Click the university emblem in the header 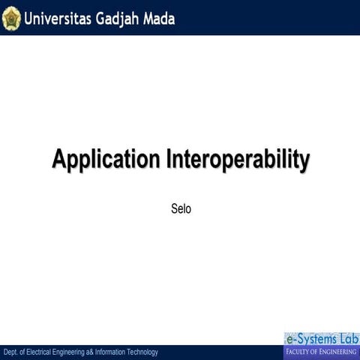pos(11,17)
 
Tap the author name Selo pos(181,208)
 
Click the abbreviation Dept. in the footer pos(11,352)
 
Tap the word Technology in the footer pos(145,352)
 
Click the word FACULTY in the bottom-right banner pos(300,352)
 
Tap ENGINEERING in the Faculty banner pos(338,352)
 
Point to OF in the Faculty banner pos(318,352)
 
